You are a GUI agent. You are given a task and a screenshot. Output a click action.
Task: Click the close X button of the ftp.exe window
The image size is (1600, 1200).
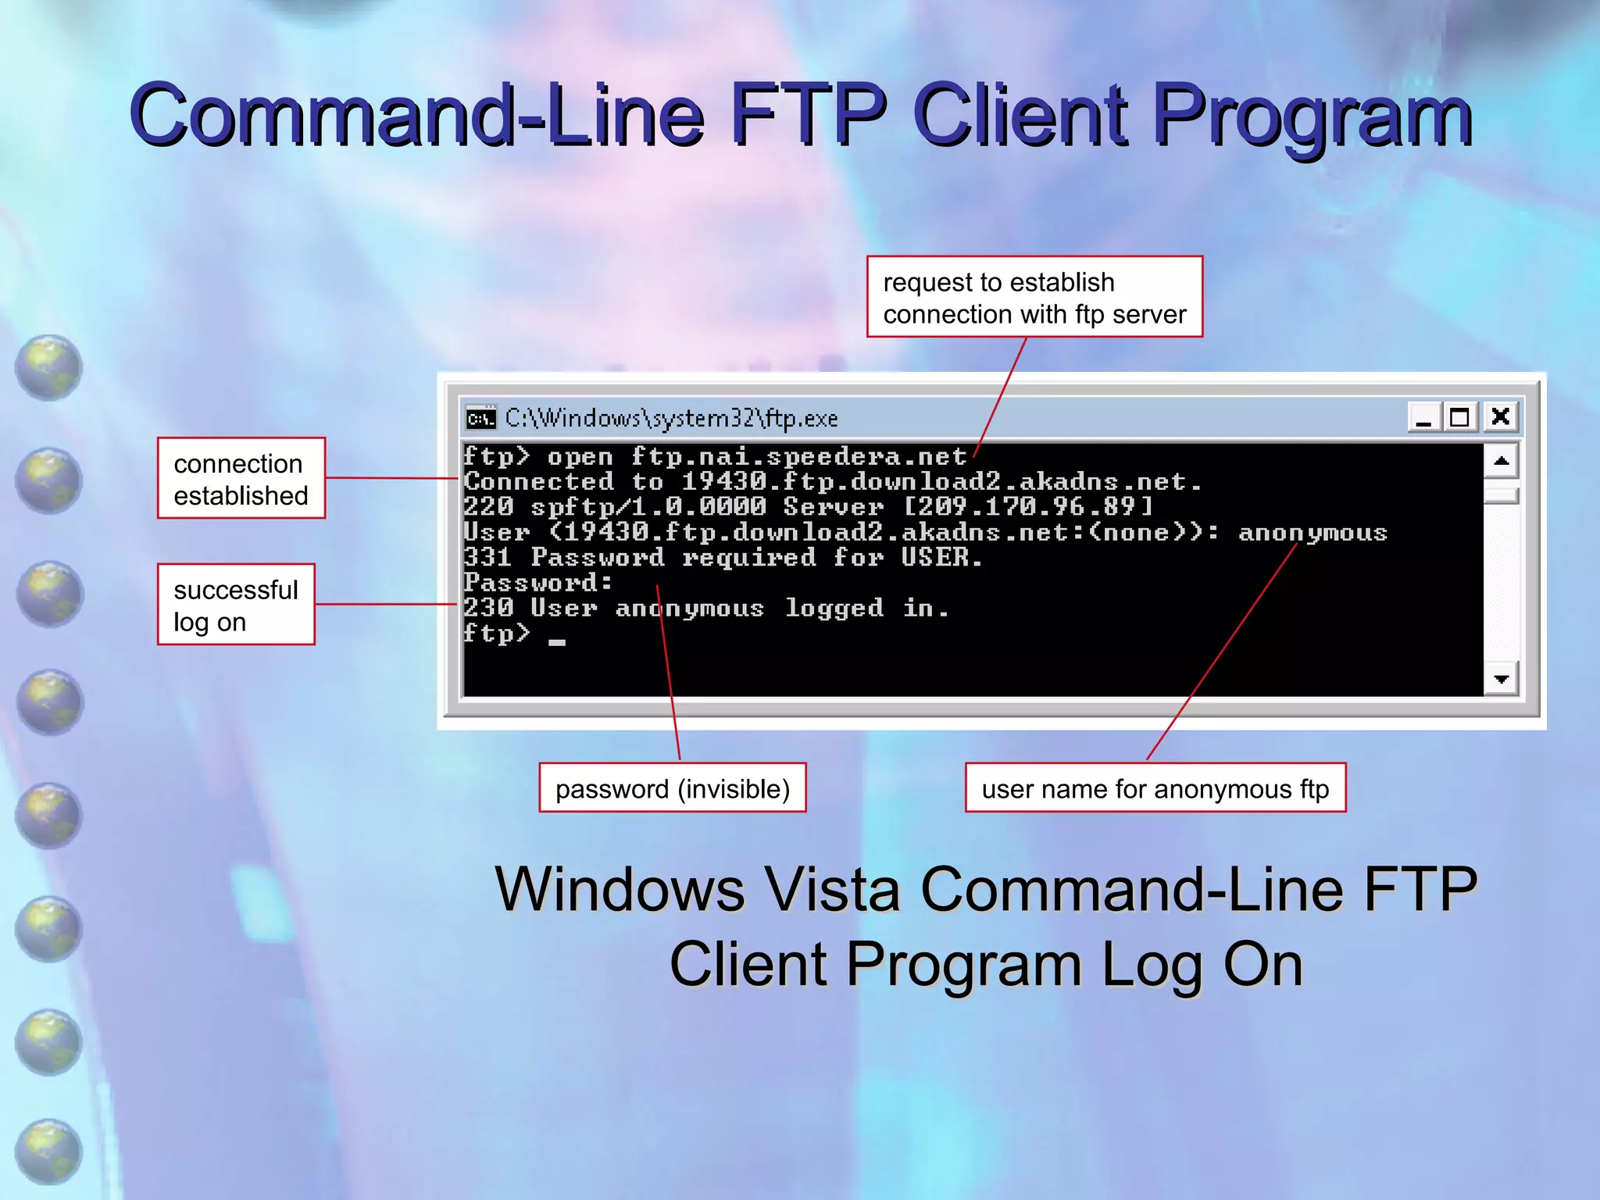(x=1500, y=417)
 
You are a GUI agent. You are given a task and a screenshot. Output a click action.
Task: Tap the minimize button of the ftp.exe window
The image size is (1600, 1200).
(x=1423, y=417)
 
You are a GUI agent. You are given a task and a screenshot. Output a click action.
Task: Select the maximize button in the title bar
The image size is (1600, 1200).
(x=1459, y=417)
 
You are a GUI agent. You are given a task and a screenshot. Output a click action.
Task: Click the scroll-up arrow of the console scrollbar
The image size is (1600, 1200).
(x=1501, y=461)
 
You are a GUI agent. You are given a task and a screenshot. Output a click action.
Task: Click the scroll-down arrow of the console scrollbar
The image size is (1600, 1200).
(x=1501, y=679)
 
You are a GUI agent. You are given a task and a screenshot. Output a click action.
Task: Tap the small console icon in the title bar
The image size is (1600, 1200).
(x=480, y=418)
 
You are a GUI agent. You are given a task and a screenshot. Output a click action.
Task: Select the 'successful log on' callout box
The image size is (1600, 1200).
(x=236, y=605)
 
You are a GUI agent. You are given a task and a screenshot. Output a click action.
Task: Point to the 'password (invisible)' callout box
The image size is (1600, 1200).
(x=673, y=788)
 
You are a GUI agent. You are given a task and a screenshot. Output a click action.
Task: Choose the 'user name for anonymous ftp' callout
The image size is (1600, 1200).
(x=1155, y=788)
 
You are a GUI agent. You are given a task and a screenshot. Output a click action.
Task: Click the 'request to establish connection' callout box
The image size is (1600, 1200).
(x=1034, y=298)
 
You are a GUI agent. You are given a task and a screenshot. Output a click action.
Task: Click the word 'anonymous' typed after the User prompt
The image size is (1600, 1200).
(x=1312, y=533)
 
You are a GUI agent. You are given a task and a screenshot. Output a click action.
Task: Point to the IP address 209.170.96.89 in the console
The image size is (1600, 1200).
(x=1027, y=507)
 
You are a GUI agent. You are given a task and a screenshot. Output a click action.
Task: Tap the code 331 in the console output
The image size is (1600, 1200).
(x=487, y=558)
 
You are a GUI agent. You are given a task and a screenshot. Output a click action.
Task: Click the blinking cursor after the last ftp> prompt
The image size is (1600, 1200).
(x=556, y=642)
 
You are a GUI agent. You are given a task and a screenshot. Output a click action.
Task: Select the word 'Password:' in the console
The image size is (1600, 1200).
(x=537, y=583)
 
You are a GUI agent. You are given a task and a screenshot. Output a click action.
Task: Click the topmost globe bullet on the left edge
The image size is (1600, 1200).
(x=49, y=367)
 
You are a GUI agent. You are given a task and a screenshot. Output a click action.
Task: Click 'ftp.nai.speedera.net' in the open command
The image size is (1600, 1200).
(x=798, y=457)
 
